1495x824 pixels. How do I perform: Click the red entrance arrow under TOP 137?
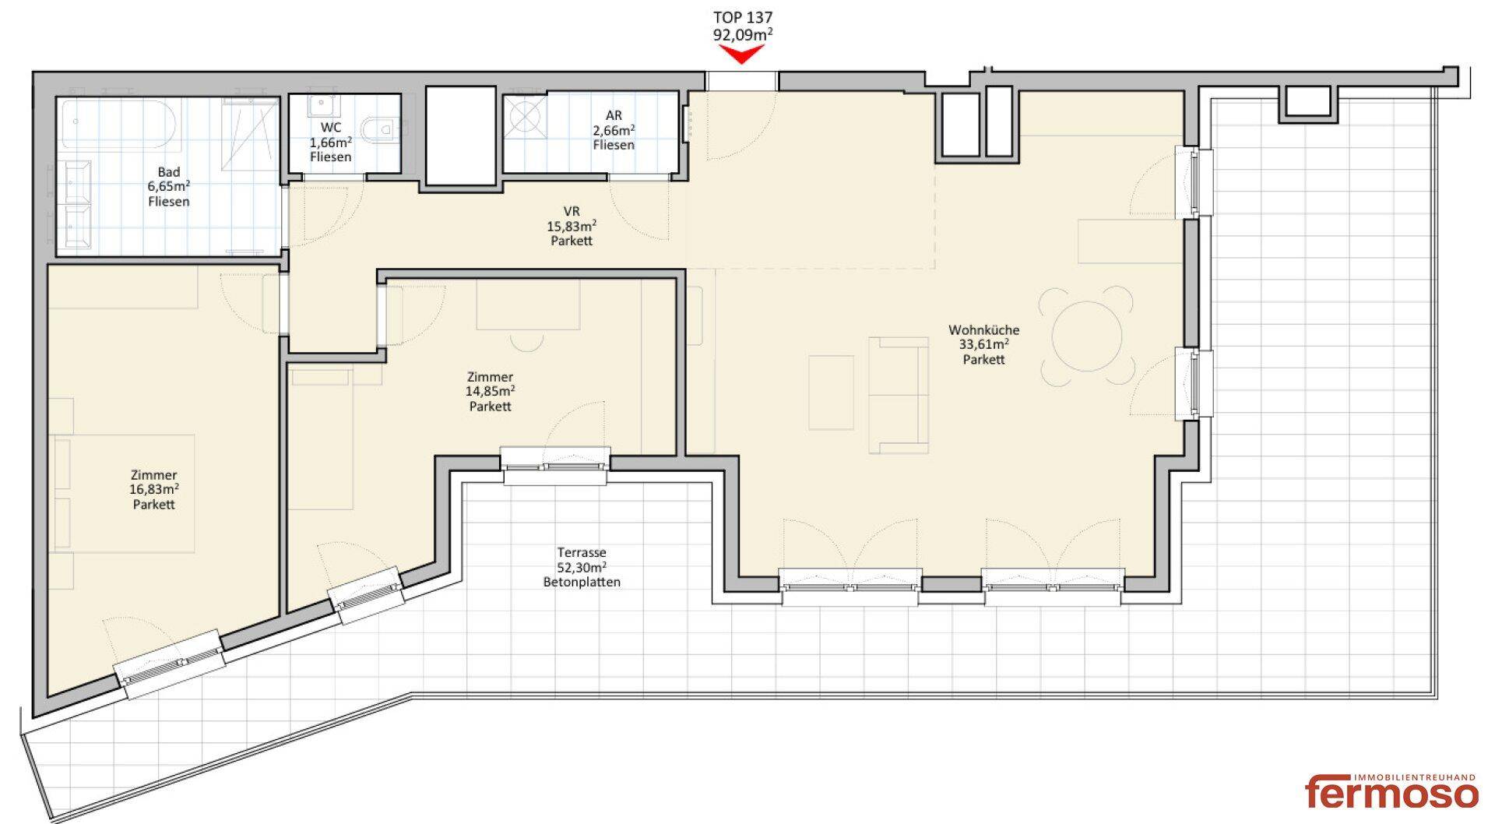[x=741, y=54]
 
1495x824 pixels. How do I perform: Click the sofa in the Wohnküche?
[x=899, y=395]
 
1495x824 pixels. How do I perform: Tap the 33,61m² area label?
[x=984, y=344]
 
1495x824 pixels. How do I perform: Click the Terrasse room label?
[x=582, y=553]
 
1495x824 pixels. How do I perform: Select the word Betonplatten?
[x=582, y=583]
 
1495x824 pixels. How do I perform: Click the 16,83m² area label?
[x=154, y=489]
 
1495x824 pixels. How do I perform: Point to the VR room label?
[x=572, y=212]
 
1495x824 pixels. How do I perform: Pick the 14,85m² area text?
[x=491, y=391]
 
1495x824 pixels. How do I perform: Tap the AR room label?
[x=614, y=116]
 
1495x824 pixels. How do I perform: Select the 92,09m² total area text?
[x=743, y=34]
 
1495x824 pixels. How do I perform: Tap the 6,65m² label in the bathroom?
[x=169, y=187]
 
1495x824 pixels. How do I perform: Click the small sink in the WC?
[x=321, y=107]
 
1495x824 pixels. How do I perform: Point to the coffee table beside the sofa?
[x=831, y=393]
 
